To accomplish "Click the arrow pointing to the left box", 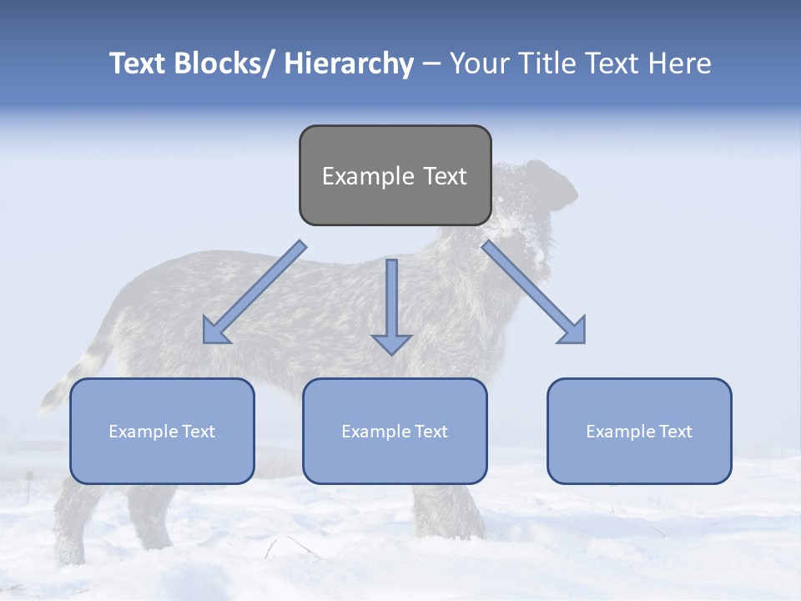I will pos(254,292).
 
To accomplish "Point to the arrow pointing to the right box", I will pos(534,292).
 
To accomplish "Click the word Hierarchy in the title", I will pos(349,63).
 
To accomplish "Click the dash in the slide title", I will pos(431,63).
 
